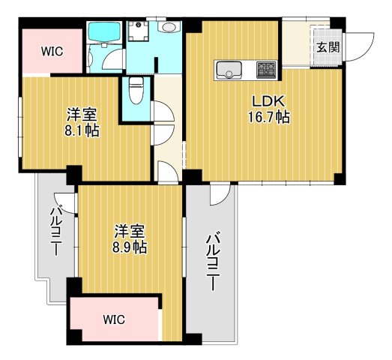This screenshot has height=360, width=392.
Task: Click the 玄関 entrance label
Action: pos(327,47)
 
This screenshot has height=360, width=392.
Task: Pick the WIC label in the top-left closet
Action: pos(52,51)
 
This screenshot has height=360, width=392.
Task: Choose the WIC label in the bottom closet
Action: pos(114,319)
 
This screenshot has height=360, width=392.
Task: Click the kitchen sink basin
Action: pos(228,71)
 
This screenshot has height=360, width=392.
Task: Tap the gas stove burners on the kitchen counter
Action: pos(266,70)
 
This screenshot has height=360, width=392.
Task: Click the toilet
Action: pos(136,91)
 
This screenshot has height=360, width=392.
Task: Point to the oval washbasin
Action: pos(169,27)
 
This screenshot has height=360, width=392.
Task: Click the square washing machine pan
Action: pos(139,32)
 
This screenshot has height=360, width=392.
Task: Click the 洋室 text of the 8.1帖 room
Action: pos(81,114)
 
